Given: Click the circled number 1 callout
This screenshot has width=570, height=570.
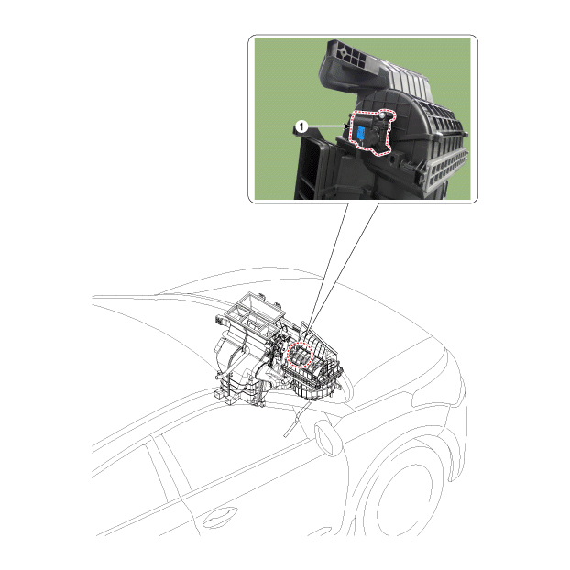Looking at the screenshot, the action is pos(301,126).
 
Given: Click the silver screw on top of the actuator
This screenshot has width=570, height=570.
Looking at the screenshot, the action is pos(382,116).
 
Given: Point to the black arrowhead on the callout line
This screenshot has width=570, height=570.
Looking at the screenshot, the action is pos(345,126).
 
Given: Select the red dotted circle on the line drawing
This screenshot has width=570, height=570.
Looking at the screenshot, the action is pos(300,355).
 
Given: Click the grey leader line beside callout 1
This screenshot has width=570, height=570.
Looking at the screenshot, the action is pos(325,126).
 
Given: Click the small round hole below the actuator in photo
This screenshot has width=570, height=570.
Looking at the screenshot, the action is pos(392,159).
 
